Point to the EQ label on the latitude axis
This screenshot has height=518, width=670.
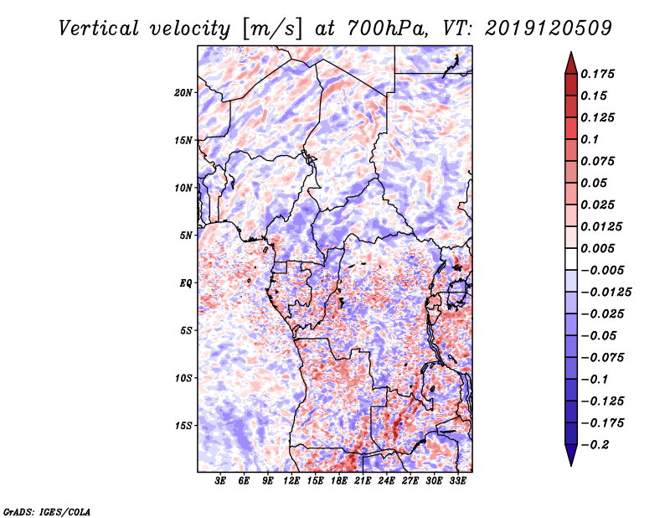tap(187, 282)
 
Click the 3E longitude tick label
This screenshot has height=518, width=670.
tap(221, 481)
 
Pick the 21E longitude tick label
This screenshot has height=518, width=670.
tap(363, 481)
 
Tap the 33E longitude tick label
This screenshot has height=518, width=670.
tap(457, 481)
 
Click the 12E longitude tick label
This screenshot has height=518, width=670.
tap(292, 481)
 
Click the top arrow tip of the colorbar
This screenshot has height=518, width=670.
tap(570, 54)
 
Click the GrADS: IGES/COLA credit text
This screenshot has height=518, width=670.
tap(46, 510)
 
